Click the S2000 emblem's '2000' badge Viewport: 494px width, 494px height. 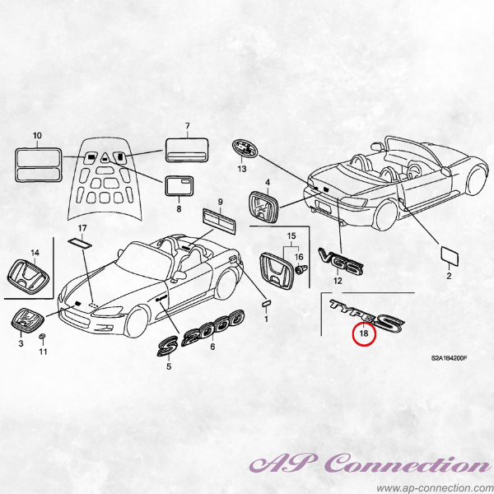[213, 328]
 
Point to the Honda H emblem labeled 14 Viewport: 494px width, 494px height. [28, 277]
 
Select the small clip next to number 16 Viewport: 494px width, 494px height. [301, 270]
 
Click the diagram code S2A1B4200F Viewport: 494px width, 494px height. [449, 358]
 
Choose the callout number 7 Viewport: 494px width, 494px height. [188, 126]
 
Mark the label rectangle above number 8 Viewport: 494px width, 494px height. [179, 186]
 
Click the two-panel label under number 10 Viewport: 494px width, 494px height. [38, 165]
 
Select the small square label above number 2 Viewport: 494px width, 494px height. [450, 256]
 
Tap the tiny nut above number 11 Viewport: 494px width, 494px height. [42, 337]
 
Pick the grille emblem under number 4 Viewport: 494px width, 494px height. [263, 206]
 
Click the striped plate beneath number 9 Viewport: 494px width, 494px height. [219, 221]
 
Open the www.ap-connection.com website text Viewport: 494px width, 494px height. [435, 488]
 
